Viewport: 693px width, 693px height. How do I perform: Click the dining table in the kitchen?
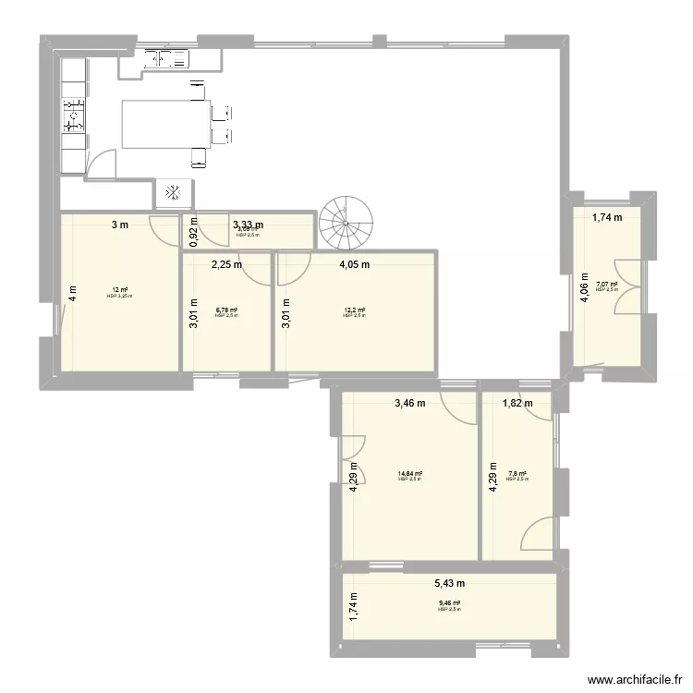165,123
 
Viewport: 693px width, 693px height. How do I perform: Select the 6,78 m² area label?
226,310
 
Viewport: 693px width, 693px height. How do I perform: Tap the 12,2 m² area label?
354,310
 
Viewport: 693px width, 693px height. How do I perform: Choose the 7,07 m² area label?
606,285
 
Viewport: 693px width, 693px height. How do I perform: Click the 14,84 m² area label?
409,474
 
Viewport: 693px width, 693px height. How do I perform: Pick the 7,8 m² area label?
517,474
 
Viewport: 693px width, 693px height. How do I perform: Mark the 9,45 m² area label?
449,604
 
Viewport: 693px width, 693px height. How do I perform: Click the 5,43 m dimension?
449,583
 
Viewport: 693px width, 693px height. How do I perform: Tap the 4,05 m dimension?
354,264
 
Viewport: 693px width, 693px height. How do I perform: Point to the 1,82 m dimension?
517,403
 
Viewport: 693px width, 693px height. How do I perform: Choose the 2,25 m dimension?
226,264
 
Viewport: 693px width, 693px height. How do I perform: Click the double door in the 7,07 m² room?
627,286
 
